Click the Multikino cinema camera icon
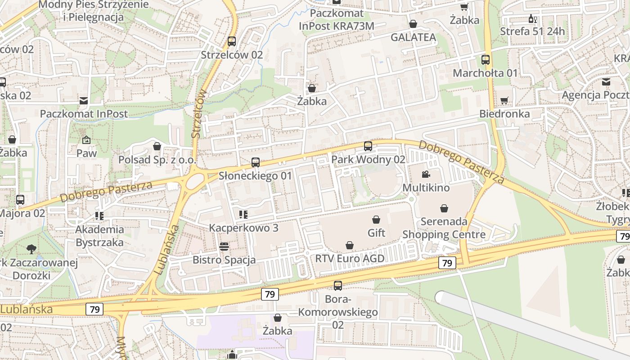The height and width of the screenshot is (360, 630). point(426,174)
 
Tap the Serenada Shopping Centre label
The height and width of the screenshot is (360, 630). point(444,228)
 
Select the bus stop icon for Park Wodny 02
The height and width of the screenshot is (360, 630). point(368,146)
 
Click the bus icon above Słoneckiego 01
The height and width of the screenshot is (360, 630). point(256,162)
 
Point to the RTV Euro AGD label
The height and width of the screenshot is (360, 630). point(350,258)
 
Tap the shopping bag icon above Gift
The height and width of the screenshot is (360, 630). point(376,220)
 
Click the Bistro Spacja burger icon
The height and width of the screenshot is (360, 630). point(224,247)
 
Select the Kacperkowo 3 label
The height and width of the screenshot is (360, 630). point(243,228)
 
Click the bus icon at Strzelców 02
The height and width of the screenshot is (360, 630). point(232,41)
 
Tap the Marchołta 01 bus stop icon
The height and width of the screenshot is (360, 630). point(486,60)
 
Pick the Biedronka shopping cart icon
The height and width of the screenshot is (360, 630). point(504,100)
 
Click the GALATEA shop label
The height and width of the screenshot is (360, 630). point(413,37)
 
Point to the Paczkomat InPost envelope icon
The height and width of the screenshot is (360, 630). point(84,100)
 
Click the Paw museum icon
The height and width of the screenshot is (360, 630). point(86,140)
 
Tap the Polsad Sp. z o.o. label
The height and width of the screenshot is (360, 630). point(157,160)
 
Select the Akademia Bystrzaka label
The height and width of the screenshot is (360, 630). point(99,236)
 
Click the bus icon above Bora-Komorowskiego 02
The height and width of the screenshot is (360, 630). point(337,285)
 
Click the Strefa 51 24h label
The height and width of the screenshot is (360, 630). point(532,31)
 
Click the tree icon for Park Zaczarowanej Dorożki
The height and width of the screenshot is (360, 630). point(31,249)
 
